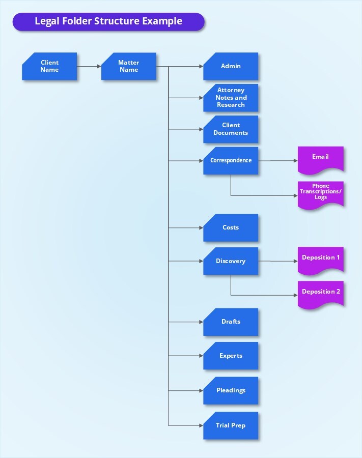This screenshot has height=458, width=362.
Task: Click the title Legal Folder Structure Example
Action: pos(108,21)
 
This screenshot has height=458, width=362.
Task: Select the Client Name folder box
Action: pos(49,66)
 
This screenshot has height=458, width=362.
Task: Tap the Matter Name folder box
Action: pos(129,66)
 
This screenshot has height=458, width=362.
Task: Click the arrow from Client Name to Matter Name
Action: pos(89,66)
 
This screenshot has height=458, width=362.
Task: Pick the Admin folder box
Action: pos(231,66)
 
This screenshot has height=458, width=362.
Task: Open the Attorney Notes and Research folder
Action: pos(231,98)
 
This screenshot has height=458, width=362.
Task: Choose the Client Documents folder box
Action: pos(231,129)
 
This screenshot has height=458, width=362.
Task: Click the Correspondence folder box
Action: pos(231,161)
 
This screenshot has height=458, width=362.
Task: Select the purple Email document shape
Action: pos(320,158)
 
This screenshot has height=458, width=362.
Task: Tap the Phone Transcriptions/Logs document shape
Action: pos(320,193)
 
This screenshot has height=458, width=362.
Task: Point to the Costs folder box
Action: pos(231,227)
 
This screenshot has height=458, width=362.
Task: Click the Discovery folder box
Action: pos(231,261)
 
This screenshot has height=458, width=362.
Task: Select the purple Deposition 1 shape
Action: pos(320,259)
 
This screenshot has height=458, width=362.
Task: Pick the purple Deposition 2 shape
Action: pos(320,293)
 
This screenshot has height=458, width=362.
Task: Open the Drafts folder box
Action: pos(231,322)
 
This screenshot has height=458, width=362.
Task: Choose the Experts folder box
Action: pos(231,356)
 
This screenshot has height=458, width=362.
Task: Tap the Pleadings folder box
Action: pos(231,390)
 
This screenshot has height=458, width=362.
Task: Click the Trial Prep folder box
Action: pos(231,425)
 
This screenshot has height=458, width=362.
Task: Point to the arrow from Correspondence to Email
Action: pos(277,161)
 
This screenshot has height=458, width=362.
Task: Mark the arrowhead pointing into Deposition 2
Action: pos(295,296)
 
